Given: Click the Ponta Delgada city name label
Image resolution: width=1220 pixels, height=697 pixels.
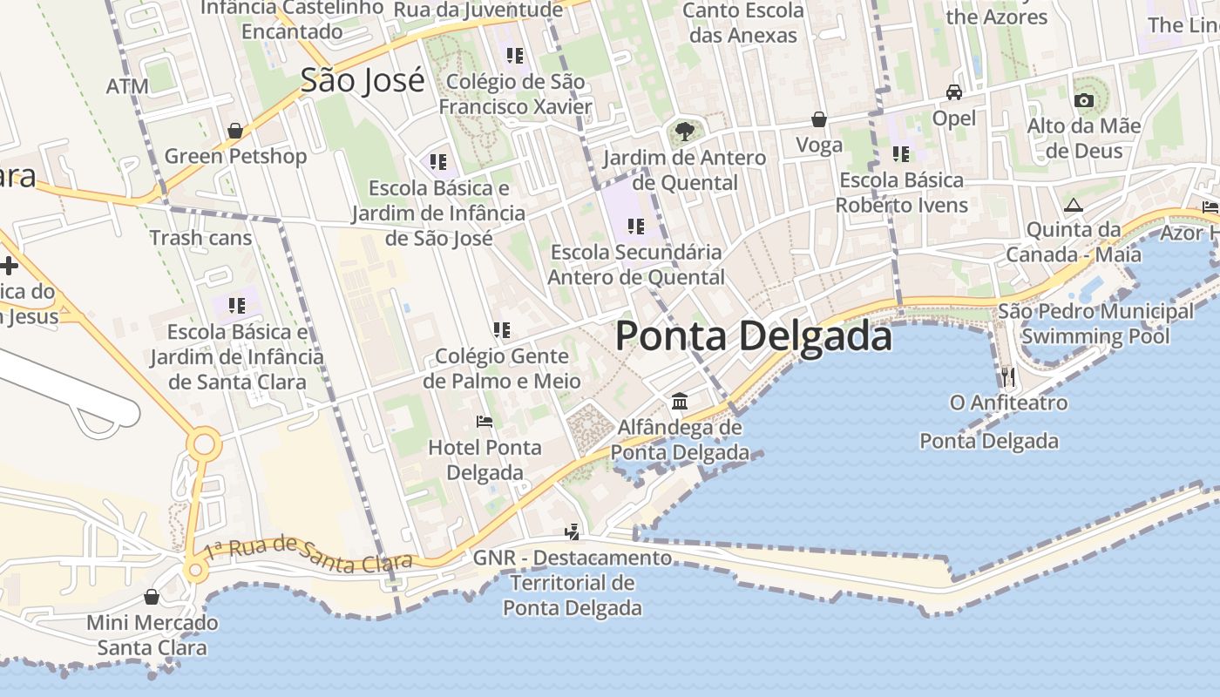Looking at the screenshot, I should pos(754,336).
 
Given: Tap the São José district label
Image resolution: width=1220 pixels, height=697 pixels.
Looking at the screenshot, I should pos(363,80).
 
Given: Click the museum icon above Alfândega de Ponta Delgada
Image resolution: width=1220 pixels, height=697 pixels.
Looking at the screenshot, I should pos(680,402).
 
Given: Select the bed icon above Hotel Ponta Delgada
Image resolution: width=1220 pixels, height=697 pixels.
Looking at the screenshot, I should pos(485,422).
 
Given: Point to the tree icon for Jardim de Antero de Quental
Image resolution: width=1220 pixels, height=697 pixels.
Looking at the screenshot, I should pos(685,132).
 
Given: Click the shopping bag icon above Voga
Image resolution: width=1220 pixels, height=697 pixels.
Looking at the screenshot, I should pos(819,119).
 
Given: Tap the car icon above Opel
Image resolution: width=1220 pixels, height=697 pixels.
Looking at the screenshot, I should pos(954,92).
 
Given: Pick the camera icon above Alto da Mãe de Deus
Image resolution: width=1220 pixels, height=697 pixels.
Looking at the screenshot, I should pos(1084,100).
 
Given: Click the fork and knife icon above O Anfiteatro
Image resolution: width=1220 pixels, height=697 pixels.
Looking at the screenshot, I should pos(1008,376).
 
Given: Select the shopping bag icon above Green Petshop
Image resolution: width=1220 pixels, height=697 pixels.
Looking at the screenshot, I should pos(235,131).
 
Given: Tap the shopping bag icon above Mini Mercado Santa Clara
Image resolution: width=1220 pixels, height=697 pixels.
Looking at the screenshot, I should pos(152,597).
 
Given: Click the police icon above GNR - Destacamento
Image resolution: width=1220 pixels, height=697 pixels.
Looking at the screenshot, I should pos(573,531).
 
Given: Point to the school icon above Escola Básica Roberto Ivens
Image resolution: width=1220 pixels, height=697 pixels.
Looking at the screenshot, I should pos(901,154).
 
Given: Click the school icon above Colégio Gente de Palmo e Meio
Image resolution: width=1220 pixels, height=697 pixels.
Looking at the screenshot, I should pos(502,330).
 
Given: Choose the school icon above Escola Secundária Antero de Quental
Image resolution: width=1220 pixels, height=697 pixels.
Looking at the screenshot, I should pos(636,227).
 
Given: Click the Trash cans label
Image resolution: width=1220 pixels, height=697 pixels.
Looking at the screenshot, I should pos(200,238).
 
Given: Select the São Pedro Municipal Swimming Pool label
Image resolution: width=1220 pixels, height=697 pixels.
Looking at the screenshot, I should pos(1095,323).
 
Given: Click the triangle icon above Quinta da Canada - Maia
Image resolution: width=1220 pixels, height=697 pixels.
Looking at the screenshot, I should pos(1073,206).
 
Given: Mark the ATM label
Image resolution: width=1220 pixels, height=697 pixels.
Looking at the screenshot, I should pos(127,86).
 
